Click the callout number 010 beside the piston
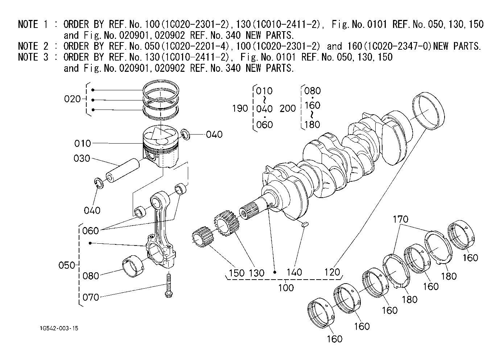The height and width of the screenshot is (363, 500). tap(83, 143)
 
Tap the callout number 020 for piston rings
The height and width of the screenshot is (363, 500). tap(72, 99)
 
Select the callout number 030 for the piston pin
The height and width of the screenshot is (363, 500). tap(82, 158)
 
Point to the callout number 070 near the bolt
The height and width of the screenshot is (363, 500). tap(91, 297)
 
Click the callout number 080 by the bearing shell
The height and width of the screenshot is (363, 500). tap(91, 276)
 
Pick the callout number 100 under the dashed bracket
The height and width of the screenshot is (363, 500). tap(286, 288)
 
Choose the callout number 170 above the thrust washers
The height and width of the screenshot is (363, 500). tap(400, 219)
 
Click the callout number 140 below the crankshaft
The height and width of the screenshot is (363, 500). tap(294, 272)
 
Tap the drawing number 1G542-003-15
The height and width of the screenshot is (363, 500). tap(59, 329)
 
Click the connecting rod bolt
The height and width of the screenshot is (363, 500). tap(168, 286)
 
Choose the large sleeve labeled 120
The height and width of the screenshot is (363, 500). tap(428, 111)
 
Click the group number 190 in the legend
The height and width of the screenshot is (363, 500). tap(240, 108)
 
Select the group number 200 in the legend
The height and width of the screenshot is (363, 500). tap(288, 108)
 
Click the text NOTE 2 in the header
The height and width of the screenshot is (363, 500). tap(33, 46)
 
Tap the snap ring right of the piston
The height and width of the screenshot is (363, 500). tap(186, 135)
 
